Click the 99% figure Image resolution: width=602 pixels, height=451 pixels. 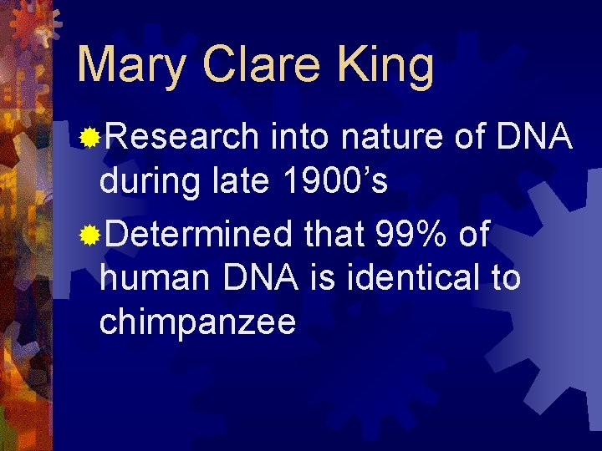(411, 236)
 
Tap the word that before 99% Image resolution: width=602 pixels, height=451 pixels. (334, 236)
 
